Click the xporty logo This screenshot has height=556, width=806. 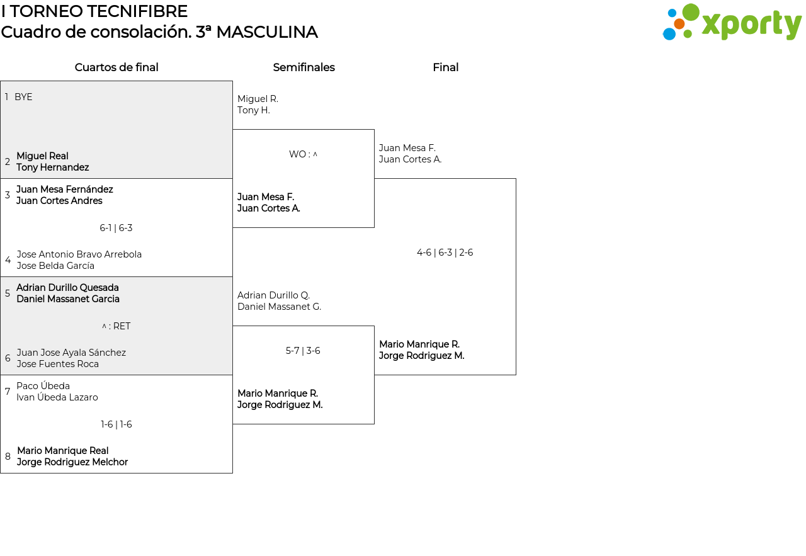pos(732,22)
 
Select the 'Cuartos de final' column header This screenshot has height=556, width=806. pos(116,67)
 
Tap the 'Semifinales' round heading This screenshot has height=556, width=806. pos(304,67)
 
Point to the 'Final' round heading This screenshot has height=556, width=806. pos(445,67)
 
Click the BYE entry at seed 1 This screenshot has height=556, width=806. pos(23,97)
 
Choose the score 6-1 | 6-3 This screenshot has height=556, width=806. pos(116,228)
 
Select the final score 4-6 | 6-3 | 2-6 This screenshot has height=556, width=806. pos(445,252)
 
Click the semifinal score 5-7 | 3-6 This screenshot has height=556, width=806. pos(303,351)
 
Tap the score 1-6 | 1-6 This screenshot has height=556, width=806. pos(116,424)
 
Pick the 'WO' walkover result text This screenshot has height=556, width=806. pos(298,154)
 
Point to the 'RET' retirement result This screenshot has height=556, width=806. pos(122,326)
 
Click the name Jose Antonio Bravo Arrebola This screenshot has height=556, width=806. pos(79,254)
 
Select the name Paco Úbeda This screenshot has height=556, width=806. pos(43,385)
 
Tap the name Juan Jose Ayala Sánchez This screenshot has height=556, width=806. pos(71,353)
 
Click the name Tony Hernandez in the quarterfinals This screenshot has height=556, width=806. pos(52,167)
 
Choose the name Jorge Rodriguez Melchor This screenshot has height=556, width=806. pos(72,462)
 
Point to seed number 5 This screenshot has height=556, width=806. pos(7,293)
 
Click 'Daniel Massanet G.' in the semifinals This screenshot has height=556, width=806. pos(279,307)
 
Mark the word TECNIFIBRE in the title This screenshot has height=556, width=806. pos(135,11)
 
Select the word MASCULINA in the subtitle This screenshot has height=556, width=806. pos(267,32)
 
